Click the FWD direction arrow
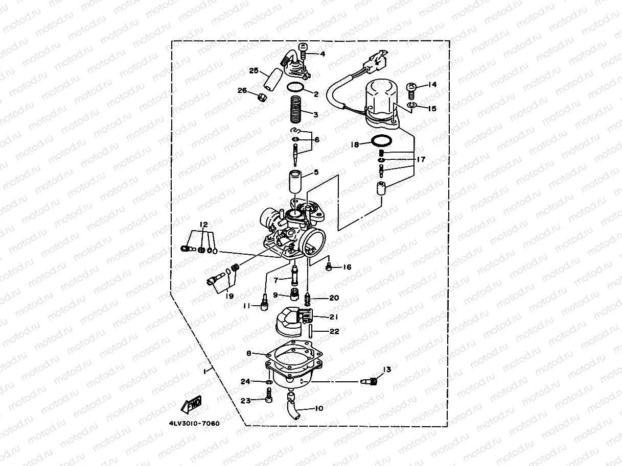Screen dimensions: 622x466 coord(191,404)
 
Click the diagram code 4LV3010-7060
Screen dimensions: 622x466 coord(194,424)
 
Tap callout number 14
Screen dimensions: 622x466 coord(432,84)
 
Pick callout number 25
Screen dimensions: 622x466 coord(254,70)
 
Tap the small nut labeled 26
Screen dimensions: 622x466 coord(263,97)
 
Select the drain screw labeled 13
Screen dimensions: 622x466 coord(370,381)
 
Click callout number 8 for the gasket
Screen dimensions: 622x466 coord(249,353)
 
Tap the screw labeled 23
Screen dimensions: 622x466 coord(269,395)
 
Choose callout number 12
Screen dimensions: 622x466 coord(204,225)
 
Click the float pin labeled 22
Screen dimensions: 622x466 coord(311,331)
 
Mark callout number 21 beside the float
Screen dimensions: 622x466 coord(334,317)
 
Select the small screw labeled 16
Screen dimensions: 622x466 coord(329,266)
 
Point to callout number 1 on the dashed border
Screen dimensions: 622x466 coord(205,372)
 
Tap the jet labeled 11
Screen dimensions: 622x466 coord(264,303)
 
